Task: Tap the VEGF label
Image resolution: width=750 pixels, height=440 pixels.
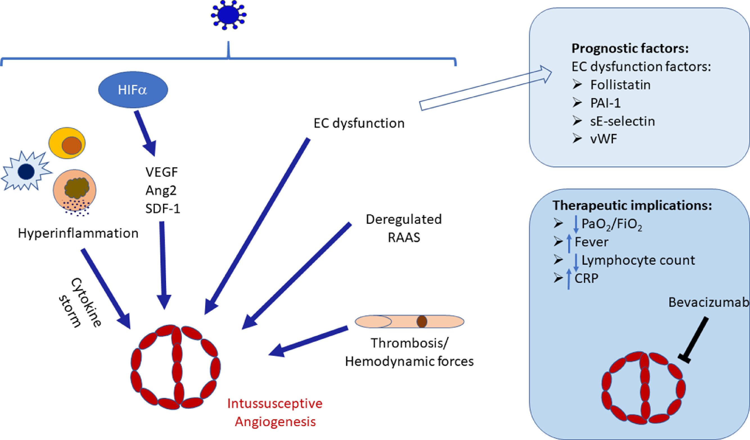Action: pyautogui.click(x=162, y=172)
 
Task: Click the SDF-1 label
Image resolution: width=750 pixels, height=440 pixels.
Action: pyautogui.click(x=163, y=209)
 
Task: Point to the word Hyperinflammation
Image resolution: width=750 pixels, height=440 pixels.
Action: pyautogui.click(x=78, y=233)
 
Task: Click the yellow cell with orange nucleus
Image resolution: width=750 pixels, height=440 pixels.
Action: pyautogui.click(x=67, y=143)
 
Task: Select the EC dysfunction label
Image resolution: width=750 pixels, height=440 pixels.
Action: pyautogui.click(x=359, y=123)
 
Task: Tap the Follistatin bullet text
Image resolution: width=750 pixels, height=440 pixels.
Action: pyautogui.click(x=620, y=85)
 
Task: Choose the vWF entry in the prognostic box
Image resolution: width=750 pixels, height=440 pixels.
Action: pyautogui.click(x=603, y=139)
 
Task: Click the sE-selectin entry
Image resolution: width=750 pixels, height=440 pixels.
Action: pyautogui.click(x=622, y=121)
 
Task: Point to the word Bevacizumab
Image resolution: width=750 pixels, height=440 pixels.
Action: pyautogui.click(x=708, y=302)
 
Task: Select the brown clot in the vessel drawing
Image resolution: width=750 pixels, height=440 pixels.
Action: pyautogui.click(x=422, y=322)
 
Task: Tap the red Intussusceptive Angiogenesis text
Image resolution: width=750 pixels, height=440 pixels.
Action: pyautogui.click(x=275, y=413)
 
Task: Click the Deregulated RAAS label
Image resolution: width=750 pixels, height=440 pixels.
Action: pyautogui.click(x=404, y=228)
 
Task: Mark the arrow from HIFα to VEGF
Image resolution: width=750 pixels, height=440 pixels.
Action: pyautogui.click(x=145, y=133)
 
